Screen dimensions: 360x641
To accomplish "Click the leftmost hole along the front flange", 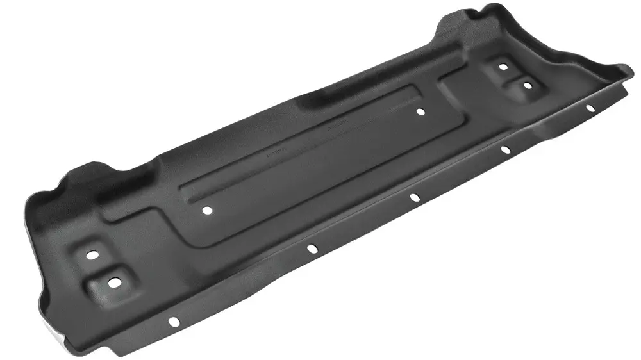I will pos(173,322).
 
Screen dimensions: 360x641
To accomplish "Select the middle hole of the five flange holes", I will pos(414,197).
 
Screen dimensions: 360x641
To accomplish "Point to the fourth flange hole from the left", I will pos(505,150).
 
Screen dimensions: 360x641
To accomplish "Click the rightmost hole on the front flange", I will pos(591,108).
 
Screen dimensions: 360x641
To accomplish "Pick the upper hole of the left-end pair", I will pos(94,254).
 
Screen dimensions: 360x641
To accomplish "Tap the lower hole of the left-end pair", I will pos(114,282).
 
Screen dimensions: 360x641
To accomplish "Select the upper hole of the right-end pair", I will pos(503,67).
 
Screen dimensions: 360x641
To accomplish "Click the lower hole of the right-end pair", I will pos(527,85).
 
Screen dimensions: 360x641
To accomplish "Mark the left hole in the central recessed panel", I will pos(206,209).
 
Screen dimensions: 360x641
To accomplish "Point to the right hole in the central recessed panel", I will pos(420,111).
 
